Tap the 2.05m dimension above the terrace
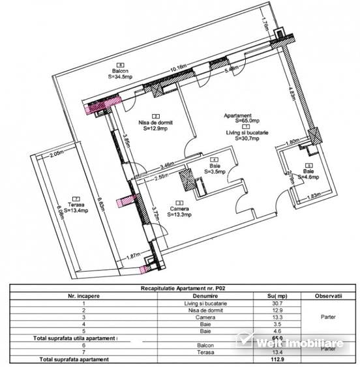pos(57,156)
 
